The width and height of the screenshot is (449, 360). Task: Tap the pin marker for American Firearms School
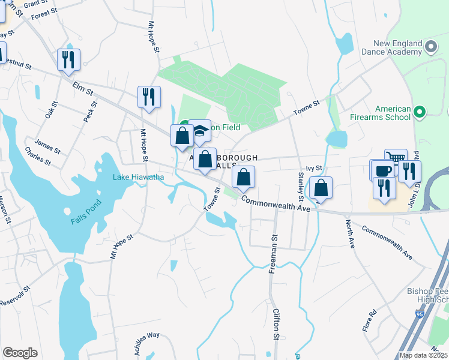[420, 112]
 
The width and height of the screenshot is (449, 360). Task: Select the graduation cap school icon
[200, 131]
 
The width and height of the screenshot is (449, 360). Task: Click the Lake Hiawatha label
[139, 177]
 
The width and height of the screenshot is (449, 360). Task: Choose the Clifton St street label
[277, 324]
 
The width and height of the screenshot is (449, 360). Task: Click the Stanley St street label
[301, 186]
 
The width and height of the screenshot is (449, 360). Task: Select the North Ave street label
[349, 234]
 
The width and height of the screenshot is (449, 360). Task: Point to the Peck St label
[89, 112]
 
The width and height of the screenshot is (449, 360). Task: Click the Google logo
[20, 353]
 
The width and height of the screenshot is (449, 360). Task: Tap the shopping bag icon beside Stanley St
[321, 187]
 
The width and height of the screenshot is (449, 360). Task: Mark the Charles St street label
[38, 157]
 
